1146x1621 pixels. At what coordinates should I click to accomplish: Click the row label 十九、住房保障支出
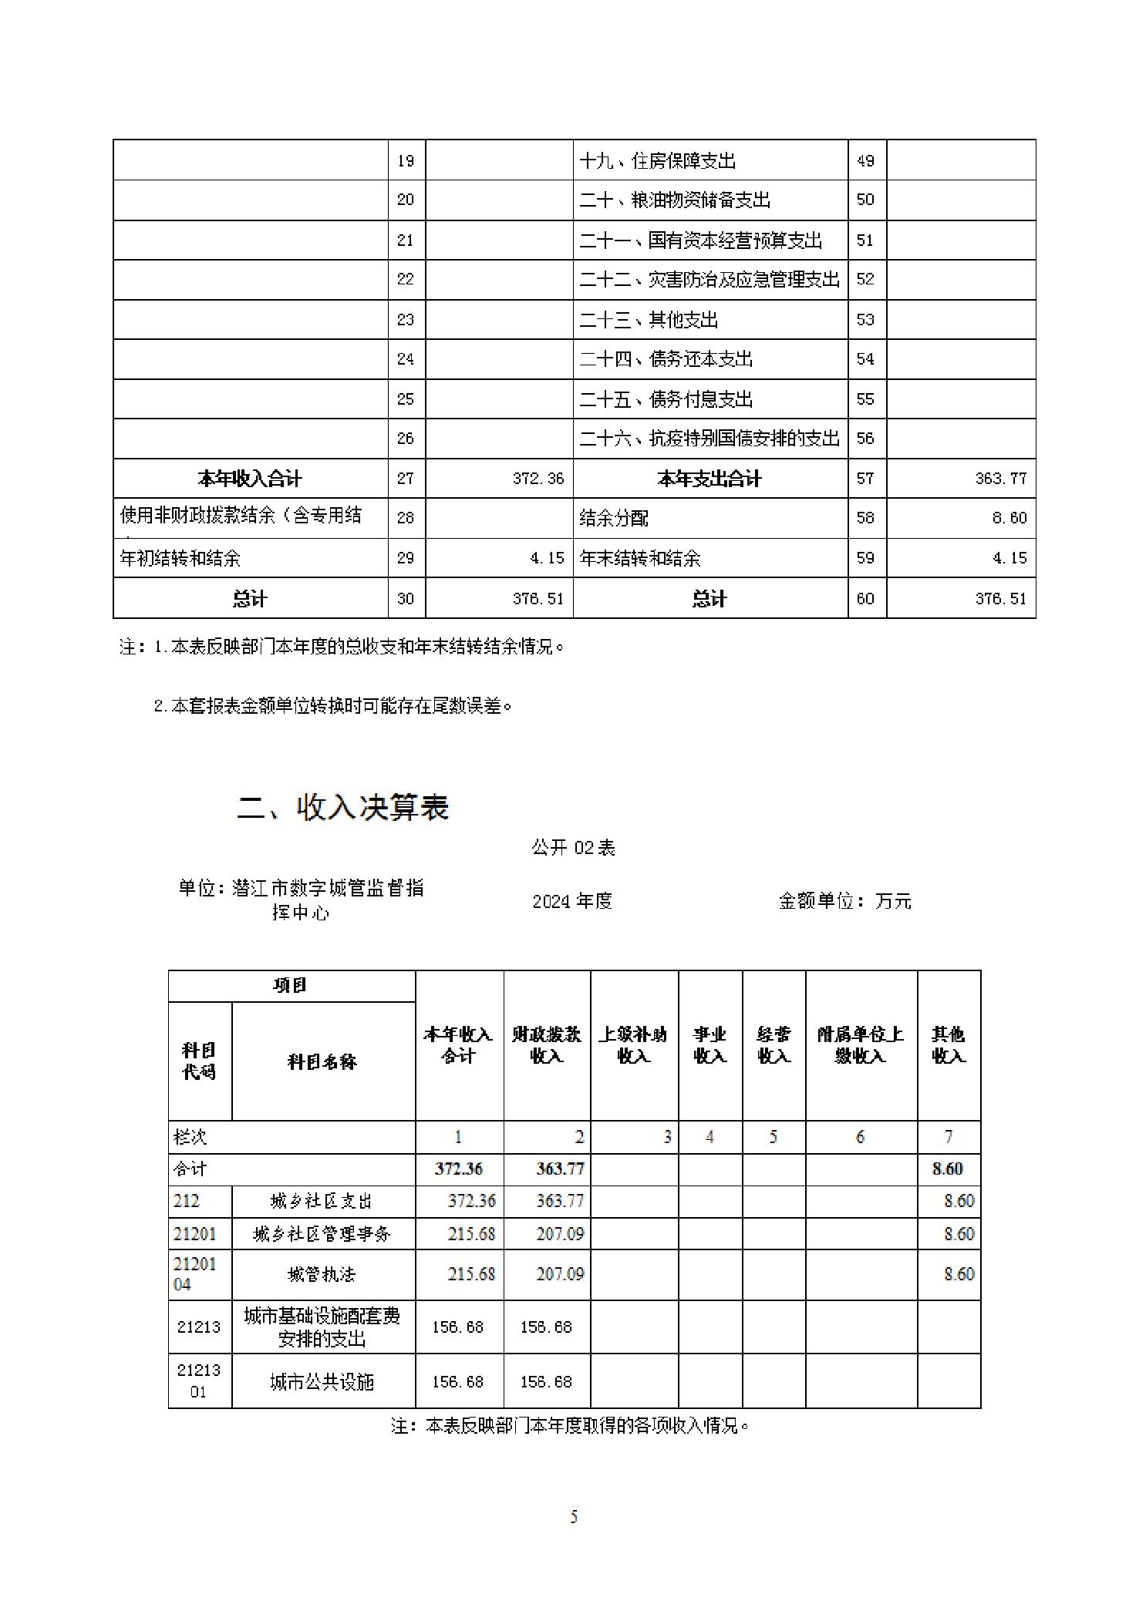(657, 161)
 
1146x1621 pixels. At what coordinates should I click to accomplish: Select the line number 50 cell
(865, 200)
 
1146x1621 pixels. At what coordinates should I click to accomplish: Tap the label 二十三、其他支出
(649, 320)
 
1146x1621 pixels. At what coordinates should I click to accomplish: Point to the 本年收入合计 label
(249, 479)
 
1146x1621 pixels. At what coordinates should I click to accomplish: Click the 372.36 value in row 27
(538, 479)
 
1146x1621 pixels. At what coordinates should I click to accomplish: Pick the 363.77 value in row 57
(1000, 479)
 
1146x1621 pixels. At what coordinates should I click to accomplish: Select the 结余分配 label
(614, 519)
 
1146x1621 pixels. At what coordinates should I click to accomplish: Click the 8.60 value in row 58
(1009, 518)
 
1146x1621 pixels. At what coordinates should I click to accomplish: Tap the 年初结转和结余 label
(180, 558)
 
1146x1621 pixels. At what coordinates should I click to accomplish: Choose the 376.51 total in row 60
(1000, 599)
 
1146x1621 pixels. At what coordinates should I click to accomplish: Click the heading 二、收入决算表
(342, 807)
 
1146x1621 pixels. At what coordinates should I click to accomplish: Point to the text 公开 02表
(573, 848)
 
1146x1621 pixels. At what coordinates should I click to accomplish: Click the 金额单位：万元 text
(844, 900)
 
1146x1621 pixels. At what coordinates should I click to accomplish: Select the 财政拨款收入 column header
(547, 1044)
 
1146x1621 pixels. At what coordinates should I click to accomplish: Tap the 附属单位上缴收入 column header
(861, 1044)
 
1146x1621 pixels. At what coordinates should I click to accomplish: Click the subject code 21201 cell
(195, 1234)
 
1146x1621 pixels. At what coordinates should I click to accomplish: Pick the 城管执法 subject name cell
(322, 1274)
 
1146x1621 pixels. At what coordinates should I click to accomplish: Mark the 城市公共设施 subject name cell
(322, 1382)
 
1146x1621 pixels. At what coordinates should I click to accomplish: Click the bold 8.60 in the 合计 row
(947, 1169)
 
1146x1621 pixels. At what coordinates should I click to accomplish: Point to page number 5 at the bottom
(573, 1517)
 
